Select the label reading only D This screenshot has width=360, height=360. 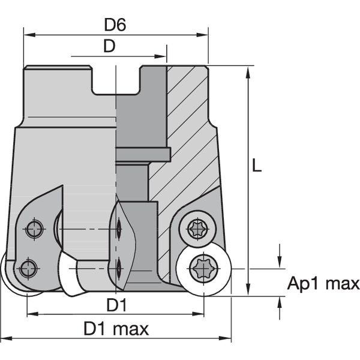click(109, 47)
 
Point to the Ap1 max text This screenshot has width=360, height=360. click(323, 283)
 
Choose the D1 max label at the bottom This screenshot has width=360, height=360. click(116, 329)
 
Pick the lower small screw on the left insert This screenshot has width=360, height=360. click(27, 268)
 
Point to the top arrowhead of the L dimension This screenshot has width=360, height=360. click(248, 70)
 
